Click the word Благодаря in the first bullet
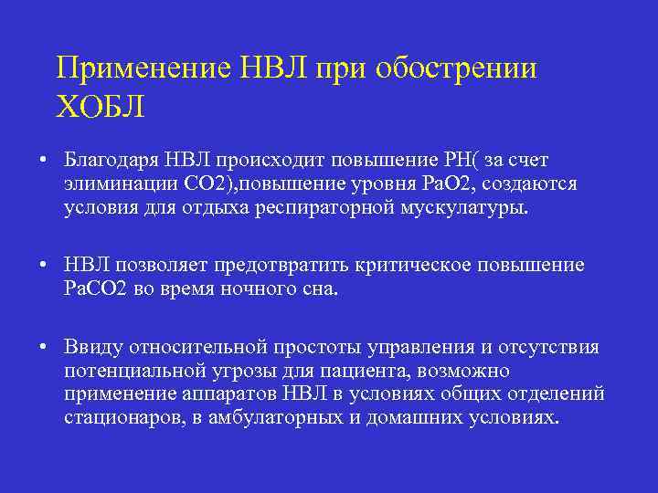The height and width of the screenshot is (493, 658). [111, 162]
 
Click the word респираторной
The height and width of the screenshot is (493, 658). [331, 207]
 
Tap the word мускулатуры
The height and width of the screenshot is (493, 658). [463, 207]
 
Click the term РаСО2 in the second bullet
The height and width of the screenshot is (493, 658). [95, 289]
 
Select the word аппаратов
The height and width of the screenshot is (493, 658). [227, 394]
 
